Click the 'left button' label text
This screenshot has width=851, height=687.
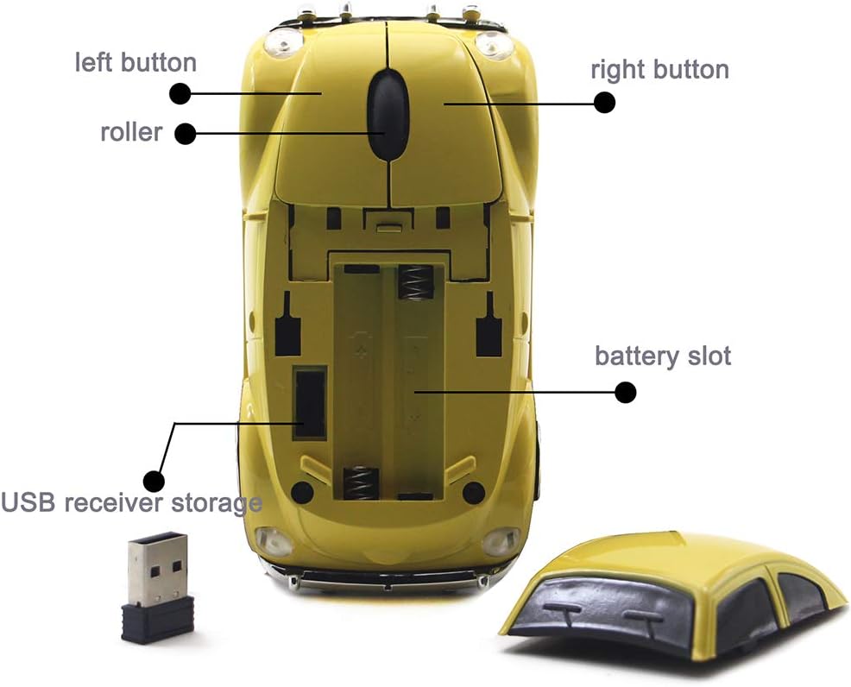(136, 62)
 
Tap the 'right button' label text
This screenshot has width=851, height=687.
(659, 69)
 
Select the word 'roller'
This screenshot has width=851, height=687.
(131, 132)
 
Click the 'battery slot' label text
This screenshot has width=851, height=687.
(662, 355)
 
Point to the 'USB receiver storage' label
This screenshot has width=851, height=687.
(131, 501)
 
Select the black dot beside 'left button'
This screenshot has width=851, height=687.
(180, 92)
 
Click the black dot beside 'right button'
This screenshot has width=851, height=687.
(605, 103)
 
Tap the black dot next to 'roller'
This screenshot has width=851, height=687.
(185, 134)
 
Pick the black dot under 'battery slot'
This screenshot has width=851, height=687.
(625, 393)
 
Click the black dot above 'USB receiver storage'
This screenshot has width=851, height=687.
(154, 480)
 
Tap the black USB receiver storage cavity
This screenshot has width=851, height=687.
(310, 400)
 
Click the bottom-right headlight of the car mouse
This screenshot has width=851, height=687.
(500, 542)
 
